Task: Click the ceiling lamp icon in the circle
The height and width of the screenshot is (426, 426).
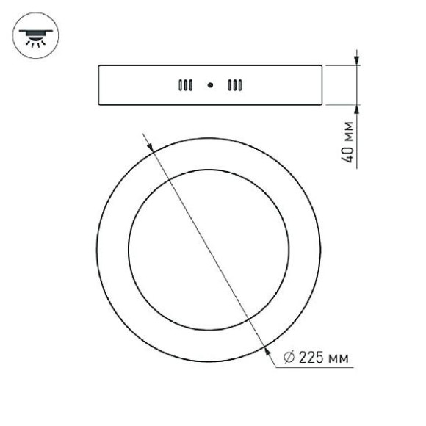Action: click(35, 37)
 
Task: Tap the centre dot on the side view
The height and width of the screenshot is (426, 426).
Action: click(210, 85)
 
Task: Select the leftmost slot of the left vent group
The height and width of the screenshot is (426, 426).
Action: click(180, 85)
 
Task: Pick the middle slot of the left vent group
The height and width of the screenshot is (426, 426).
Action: click(186, 85)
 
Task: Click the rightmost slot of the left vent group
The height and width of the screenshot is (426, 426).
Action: click(191, 85)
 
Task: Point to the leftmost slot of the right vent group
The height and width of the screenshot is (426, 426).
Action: click(230, 85)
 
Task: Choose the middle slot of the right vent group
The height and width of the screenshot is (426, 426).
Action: click(235, 85)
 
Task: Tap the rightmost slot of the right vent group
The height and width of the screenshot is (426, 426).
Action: click(240, 85)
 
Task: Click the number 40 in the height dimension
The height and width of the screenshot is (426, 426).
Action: click(347, 155)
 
